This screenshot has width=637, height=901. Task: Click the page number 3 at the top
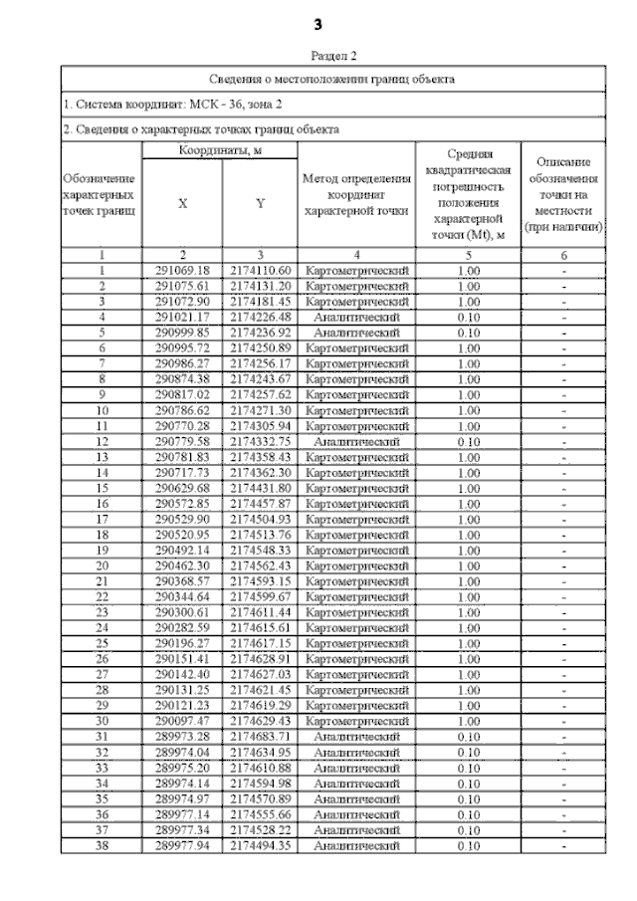click(318, 23)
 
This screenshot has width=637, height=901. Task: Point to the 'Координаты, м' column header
click(221, 149)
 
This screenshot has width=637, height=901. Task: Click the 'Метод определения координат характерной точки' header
click(356, 194)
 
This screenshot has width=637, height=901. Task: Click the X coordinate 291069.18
click(183, 271)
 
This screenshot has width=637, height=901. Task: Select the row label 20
click(102, 565)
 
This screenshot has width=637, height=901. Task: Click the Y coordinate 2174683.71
click(260, 737)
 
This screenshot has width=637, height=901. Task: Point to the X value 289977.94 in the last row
click(183, 845)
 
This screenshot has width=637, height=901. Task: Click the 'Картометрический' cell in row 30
click(356, 721)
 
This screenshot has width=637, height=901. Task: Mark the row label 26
click(102, 659)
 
